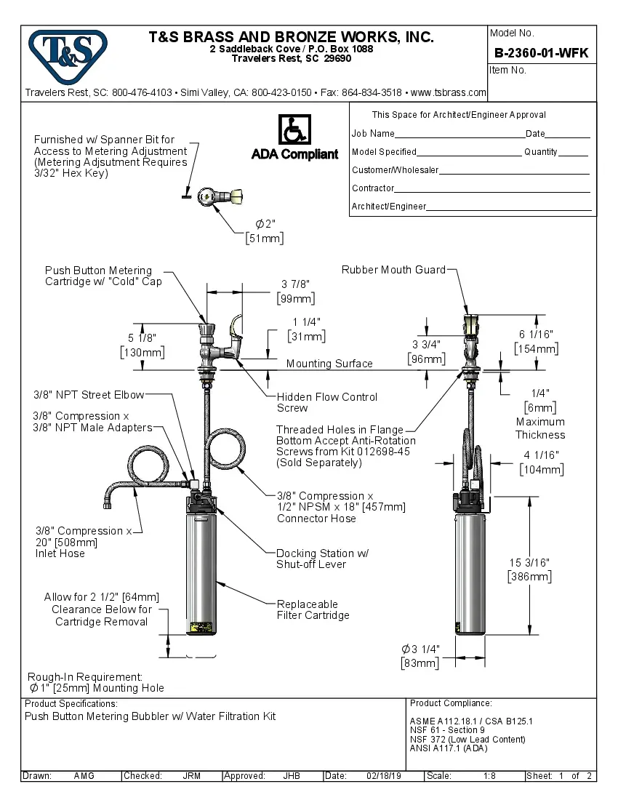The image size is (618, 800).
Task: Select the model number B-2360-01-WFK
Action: [x=541, y=53]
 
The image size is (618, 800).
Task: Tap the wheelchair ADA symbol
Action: [x=294, y=131]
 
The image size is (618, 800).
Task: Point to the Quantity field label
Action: [x=541, y=152]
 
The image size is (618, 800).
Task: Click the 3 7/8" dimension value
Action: [x=295, y=284]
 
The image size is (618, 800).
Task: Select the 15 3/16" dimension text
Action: [x=529, y=562]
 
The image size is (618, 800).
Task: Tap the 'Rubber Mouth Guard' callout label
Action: [x=393, y=270]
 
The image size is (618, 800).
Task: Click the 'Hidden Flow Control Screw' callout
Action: [x=326, y=402]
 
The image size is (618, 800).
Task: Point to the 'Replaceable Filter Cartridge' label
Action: [x=313, y=609]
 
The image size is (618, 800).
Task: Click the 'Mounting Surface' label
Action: [x=329, y=364]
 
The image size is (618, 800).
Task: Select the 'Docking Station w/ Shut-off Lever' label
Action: [x=322, y=559]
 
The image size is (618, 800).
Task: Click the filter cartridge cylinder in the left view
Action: [x=201, y=567]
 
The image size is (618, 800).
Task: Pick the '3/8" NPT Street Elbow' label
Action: [x=89, y=395]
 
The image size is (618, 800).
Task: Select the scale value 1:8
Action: [x=489, y=776]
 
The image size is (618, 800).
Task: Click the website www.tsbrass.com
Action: [x=448, y=92]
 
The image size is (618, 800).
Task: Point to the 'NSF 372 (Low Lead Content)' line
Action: [x=467, y=739]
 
